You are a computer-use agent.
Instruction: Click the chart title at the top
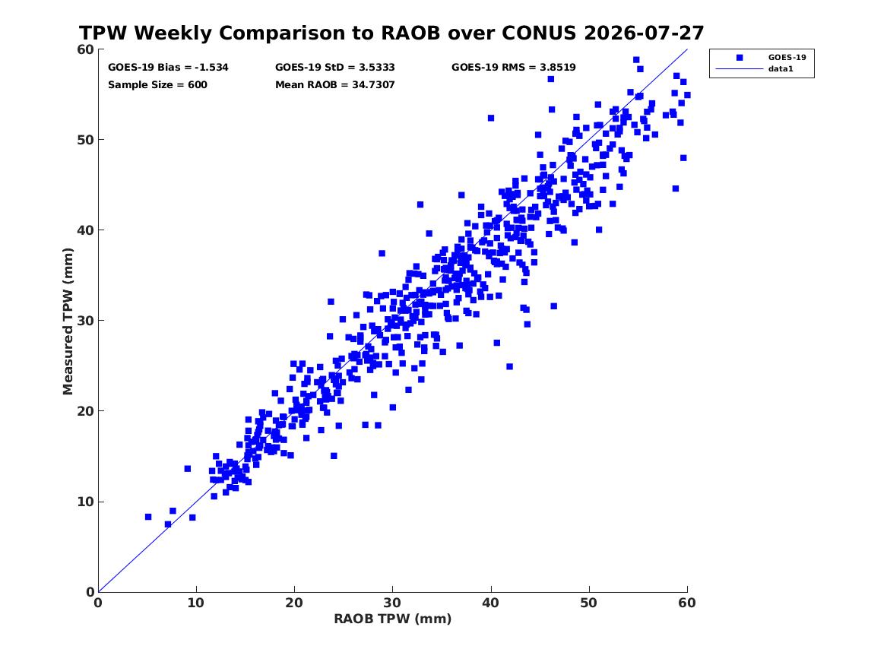tap(391, 33)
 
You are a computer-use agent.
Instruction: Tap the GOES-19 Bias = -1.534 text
tap(168, 68)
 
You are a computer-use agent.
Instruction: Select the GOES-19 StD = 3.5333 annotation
tap(335, 68)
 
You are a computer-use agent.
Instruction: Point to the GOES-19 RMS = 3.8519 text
tap(514, 68)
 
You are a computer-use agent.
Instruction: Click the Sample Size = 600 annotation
tap(157, 85)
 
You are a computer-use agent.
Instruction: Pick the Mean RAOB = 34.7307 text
tap(335, 85)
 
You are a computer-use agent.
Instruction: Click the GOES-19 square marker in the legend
tap(740, 57)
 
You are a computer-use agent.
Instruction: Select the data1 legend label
tap(781, 69)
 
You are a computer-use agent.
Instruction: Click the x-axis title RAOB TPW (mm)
tap(393, 619)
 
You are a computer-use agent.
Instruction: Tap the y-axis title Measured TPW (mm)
tap(68, 321)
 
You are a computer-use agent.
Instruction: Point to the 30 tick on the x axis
tap(393, 603)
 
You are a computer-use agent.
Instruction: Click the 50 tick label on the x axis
tap(589, 603)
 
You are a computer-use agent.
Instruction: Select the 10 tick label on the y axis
tap(85, 502)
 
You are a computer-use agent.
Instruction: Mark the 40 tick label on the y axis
tap(85, 230)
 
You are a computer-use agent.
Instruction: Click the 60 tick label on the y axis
tap(85, 49)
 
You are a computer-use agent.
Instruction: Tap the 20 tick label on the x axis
tap(294, 603)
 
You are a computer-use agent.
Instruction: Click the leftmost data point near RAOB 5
tap(148, 517)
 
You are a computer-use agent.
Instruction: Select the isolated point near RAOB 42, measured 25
tap(509, 366)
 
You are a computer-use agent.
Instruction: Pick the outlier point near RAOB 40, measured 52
tap(491, 119)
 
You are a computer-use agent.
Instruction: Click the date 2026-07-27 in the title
tap(644, 33)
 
